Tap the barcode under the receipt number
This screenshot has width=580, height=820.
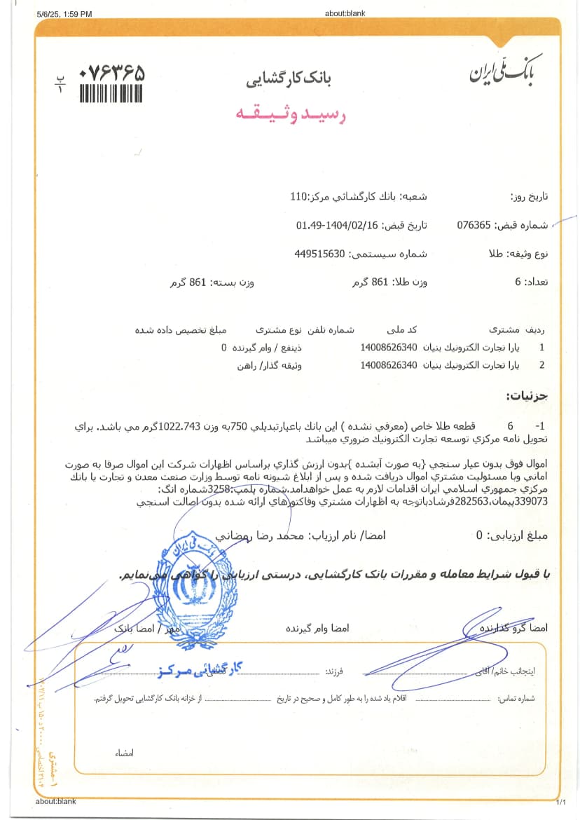point(111,93)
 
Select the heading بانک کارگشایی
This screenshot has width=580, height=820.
point(289,78)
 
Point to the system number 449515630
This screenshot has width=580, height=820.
point(319,253)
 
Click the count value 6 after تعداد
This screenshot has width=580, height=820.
point(518,282)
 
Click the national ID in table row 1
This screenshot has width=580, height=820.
point(388,347)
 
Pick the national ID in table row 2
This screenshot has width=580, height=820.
point(388,365)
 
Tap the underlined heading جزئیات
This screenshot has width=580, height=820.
point(526,397)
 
